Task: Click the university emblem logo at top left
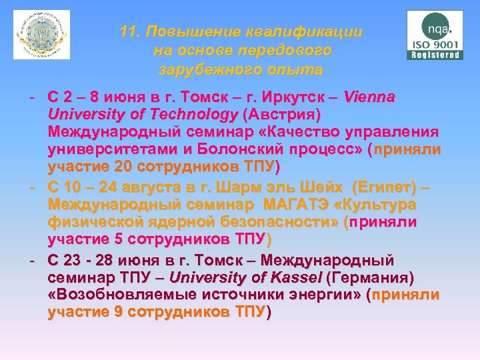click(41, 35)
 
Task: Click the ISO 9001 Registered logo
click(434, 35)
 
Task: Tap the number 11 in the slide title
click(129, 32)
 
